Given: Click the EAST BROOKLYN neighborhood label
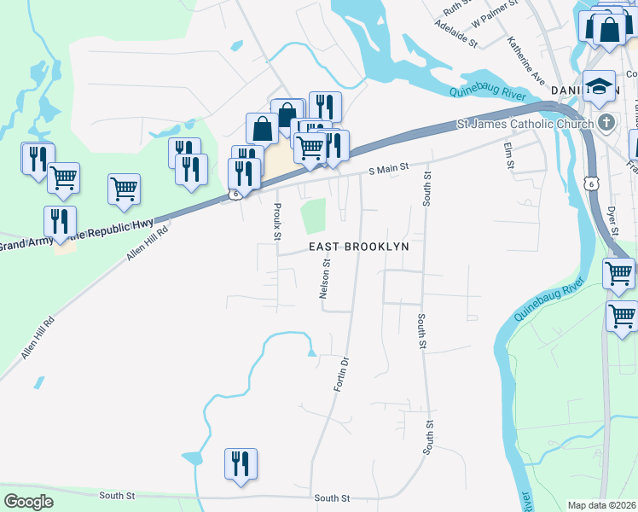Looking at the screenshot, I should [x=358, y=246].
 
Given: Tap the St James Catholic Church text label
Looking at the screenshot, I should [x=525, y=125].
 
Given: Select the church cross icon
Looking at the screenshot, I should [x=606, y=122].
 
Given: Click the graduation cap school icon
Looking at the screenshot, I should [x=600, y=85].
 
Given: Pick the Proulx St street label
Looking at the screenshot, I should [x=277, y=220].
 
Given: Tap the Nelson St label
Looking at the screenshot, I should [x=324, y=281].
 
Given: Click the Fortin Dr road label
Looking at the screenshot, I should [x=341, y=375].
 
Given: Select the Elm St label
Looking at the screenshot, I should [x=510, y=155].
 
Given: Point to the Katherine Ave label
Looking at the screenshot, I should [x=525, y=61].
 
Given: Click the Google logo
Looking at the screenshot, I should [x=28, y=502].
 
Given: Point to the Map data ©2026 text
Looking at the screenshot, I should [x=601, y=505].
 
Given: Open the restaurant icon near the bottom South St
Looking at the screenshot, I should [x=241, y=464].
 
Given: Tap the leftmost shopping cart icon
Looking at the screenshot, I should [x=63, y=178].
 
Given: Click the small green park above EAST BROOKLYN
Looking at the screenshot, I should [x=314, y=214].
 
